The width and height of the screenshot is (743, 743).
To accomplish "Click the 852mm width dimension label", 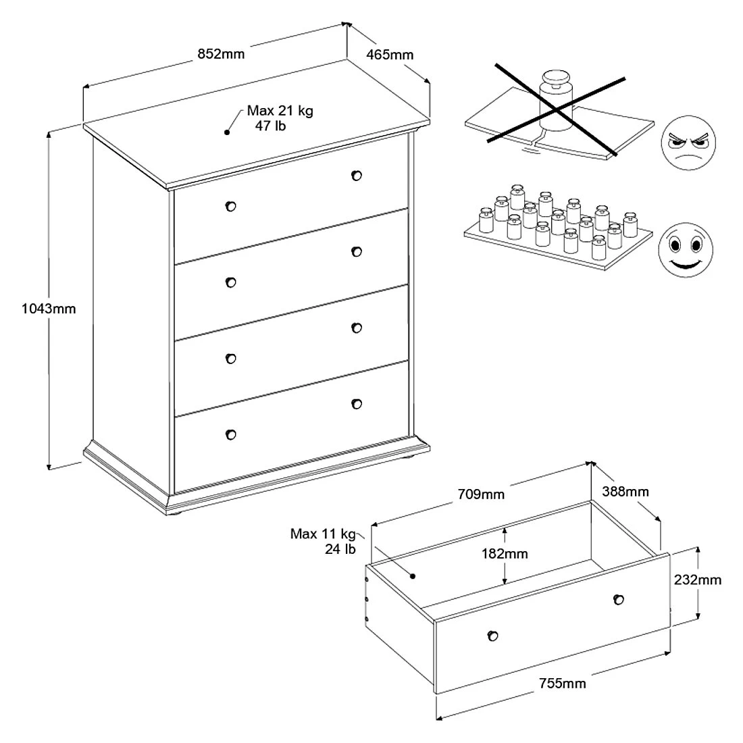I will (x=222, y=53).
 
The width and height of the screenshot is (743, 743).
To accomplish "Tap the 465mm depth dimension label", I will (x=390, y=54).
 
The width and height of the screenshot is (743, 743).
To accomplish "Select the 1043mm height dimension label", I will (x=49, y=309).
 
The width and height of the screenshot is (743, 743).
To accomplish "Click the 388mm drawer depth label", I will (x=626, y=491).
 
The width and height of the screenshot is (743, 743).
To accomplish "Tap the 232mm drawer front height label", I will (x=697, y=580).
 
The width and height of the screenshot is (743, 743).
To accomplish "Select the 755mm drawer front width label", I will (x=562, y=684).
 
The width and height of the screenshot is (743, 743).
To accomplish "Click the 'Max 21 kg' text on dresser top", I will (x=280, y=111).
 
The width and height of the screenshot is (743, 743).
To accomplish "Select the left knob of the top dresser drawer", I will (x=231, y=206).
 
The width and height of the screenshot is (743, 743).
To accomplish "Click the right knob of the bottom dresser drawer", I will (x=357, y=404).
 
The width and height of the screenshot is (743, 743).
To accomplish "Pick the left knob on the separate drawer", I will (x=492, y=635).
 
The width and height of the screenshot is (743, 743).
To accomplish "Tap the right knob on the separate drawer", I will (x=618, y=599).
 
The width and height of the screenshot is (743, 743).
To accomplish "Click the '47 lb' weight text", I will (x=270, y=126).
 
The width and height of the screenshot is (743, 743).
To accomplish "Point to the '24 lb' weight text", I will (x=340, y=549).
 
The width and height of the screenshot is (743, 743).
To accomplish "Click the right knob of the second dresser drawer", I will (x=357, y=251).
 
